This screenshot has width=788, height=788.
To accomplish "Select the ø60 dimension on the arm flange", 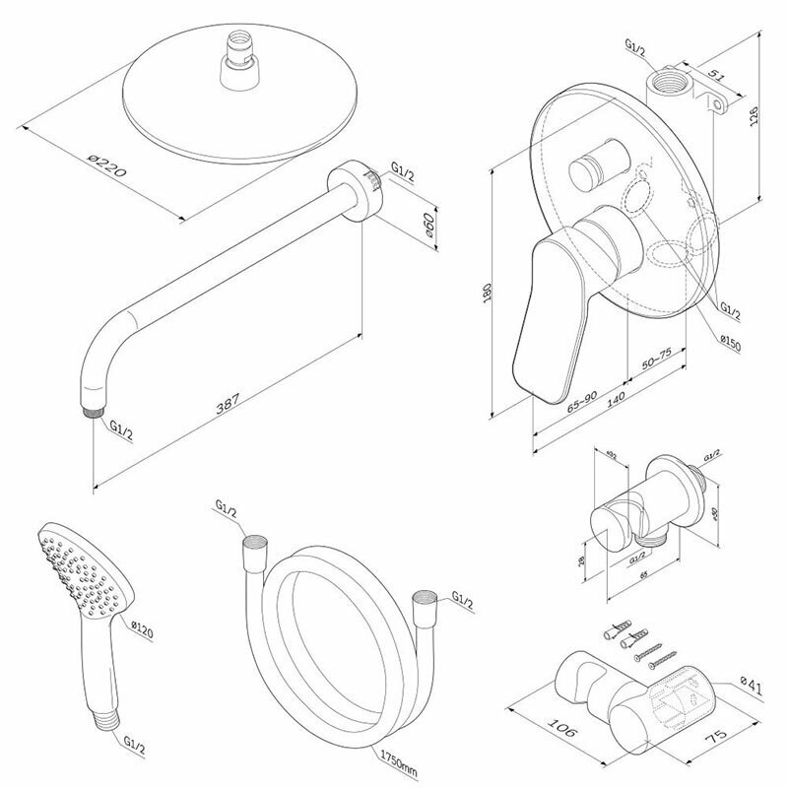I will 428,229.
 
